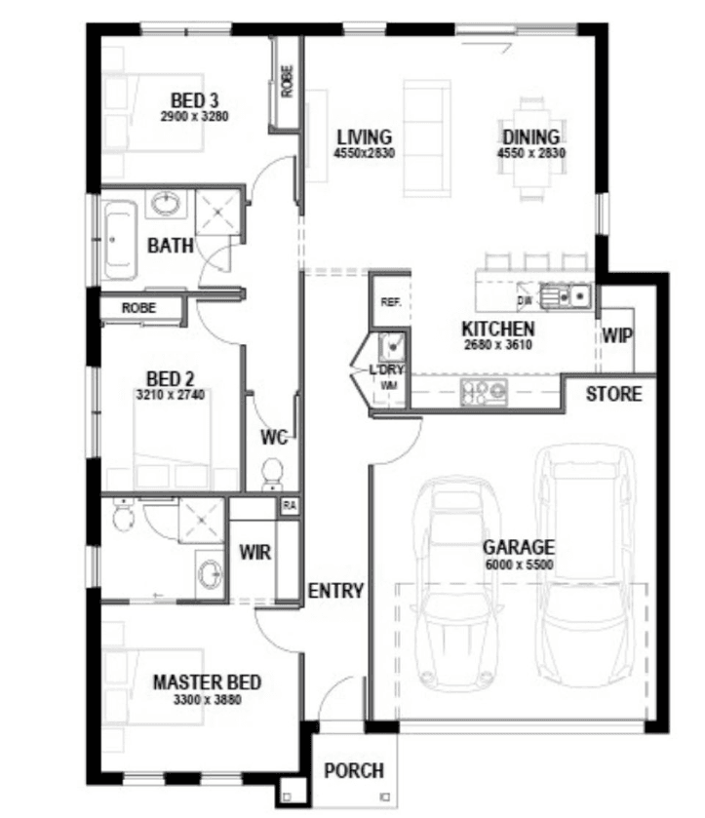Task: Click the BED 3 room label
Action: coord(195,100)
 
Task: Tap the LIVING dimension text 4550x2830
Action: coord(365,153)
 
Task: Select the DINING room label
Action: coord(531,137)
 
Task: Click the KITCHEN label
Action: coord(498,330)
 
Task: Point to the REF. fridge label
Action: coord(391,302)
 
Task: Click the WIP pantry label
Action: coord(617,335)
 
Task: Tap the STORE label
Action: coord(613,394)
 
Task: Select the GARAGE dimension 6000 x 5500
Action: coord(519,564)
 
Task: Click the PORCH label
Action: coord(354,770)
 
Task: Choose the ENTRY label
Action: coord(335,591)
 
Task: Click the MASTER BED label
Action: coord(207,682)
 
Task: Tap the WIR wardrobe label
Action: coord(255,552)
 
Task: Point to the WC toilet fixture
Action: coord(272,475)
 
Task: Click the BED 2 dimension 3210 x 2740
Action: coord(171,395)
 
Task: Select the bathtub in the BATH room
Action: coord(120,241)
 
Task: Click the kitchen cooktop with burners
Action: coord(484,392)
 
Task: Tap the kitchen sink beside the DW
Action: coord(566,296)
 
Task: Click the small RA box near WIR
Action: coord(290,505)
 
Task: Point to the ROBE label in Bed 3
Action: coord(287,81)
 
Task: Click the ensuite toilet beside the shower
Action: coord(123,515)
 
